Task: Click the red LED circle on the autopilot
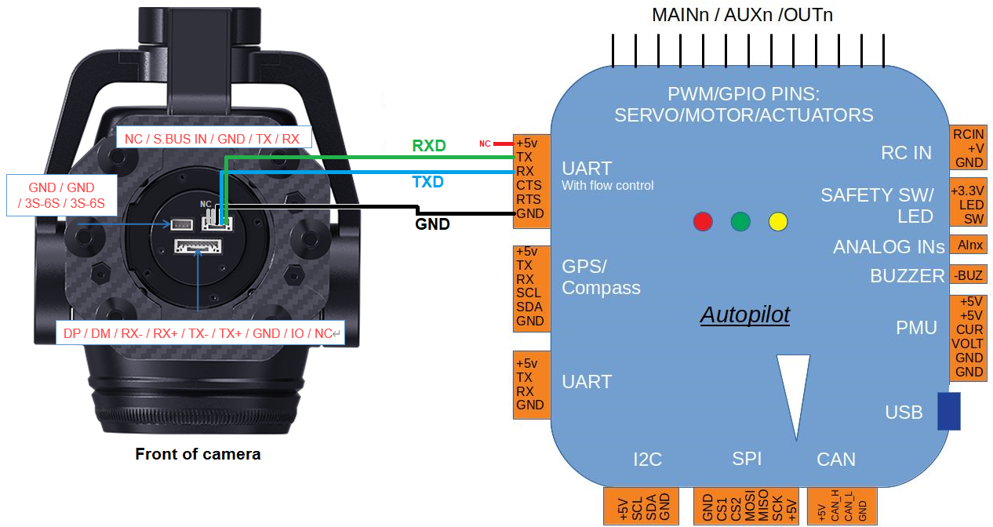click(x=703, y=222)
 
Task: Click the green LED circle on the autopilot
click(x=740, y=222)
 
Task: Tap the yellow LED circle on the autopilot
click(x=777, y=222)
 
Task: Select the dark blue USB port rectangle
click(x=948, y=412)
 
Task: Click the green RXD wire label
click(x=428, y=146)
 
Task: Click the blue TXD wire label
click(x=427, y=182)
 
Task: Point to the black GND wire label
click(x=432, y=224)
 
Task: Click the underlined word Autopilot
click(x=744, y=315)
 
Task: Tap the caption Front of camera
click(x=198, y=454)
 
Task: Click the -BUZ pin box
click(x=968, y=274)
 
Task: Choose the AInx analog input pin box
click(x=968, y=245)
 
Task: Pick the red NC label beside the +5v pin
click(x=485, y=144)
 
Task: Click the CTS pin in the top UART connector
click(x=529, y=185)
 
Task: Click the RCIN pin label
click(x=968, y=134)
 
